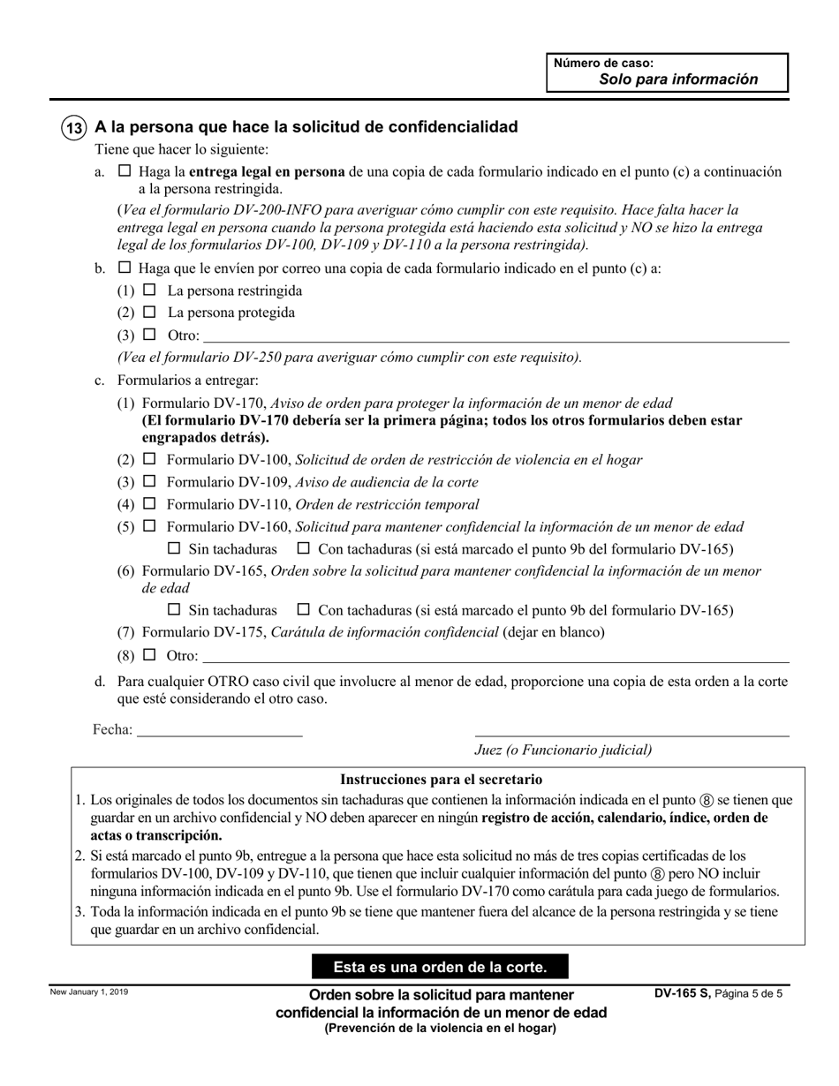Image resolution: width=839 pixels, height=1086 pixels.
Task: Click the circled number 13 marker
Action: (x=73, y=127)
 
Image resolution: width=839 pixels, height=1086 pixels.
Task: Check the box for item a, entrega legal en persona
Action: (x=125, y=171)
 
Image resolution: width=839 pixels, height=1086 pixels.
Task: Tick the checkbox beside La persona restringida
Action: (x=149, y=290)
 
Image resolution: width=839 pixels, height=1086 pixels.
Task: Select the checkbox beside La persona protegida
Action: (x=149, y=312)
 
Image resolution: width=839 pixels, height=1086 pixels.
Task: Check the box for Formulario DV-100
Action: (x=149, y=459)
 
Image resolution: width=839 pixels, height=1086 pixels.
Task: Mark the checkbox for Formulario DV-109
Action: (x=149, y=482)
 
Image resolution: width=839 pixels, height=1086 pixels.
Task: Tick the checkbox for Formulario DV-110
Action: (x=149, y=504)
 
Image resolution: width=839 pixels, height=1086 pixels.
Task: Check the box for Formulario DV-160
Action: (x=149, y=526)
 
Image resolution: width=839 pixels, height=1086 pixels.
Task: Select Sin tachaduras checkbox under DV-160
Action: (x=174, y=548)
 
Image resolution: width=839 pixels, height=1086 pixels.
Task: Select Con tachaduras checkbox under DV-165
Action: (x=304, y=609)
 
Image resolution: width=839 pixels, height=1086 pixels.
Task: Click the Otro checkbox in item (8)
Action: (x=149, y=655)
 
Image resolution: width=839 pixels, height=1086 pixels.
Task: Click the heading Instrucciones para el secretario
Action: (x=441, y=780)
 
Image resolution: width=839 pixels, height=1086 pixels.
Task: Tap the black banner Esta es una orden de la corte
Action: (x=440, y=967)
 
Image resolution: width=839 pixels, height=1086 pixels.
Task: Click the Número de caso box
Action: (x=667, y=72)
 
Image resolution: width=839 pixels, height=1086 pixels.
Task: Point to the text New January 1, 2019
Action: (x=89, y=993)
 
